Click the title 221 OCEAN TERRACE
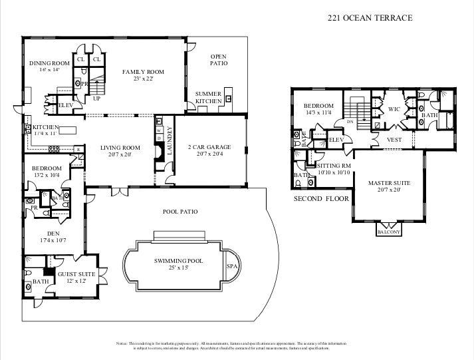pos(370,18)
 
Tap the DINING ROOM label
pos(49,63)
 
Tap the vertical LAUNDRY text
pos(170,140)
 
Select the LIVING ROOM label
pos(120,148)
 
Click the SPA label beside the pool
pos(232,266)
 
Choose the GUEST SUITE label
pos(76,274)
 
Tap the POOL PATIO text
pos(179,212)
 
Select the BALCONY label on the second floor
pos(388,232)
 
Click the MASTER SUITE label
pos(389,183)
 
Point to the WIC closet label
pos(394,109)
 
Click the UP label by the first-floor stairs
pos(96,98)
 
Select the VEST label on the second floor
pos(394,140)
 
